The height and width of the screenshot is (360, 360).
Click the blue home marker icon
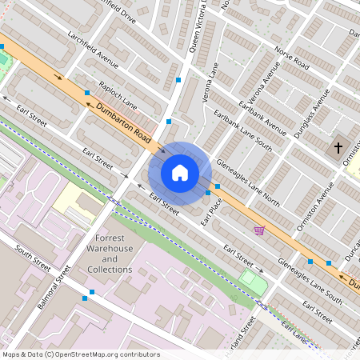(180, 172)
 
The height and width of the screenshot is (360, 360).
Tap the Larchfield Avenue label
(94, 56)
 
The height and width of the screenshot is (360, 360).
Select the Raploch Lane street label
(118, 96)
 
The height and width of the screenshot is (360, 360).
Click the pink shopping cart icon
(259, 230)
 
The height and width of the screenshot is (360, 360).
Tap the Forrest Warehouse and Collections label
(110, 254)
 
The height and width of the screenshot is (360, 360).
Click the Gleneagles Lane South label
(310, 281)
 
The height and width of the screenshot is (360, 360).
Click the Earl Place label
(210, 211)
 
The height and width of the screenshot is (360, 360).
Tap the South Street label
(33, 255)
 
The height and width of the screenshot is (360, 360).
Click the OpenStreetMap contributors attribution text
(81, 354)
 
